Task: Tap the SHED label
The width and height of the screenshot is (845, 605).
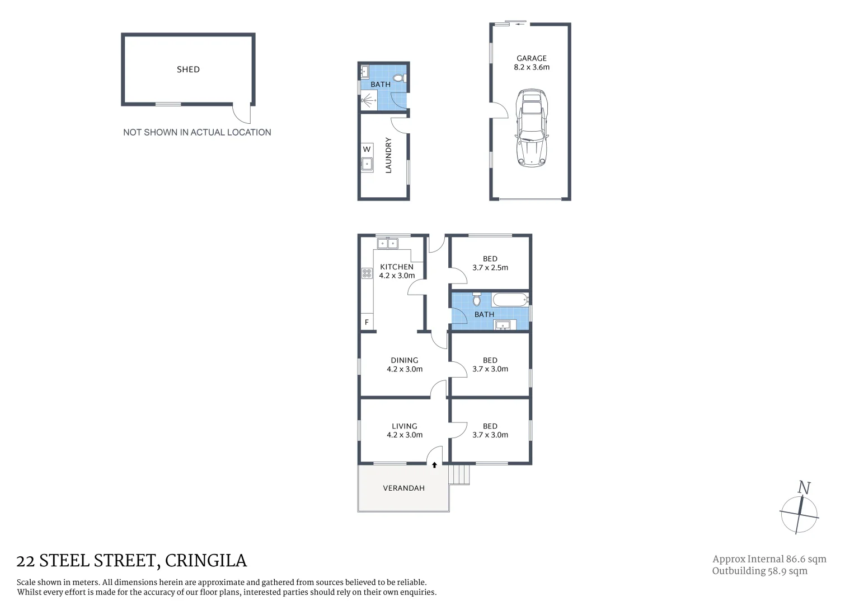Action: pos(188,69)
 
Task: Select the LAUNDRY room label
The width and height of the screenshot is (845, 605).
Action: pos(388,155)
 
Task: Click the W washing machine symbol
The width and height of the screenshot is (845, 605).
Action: pos(367,149)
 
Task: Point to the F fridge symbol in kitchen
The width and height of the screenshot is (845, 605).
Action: pos(367,322)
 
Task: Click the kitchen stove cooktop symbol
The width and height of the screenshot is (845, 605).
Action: pos(367,273)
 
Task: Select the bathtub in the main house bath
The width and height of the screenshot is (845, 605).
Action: pos(510,299)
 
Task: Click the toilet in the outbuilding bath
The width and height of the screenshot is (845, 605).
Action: pos(400,78)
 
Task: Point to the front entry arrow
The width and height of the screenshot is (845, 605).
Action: pos(434,464)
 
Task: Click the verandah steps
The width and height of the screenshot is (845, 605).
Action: pos(459,474)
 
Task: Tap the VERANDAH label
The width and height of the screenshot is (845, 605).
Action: pos(403,488)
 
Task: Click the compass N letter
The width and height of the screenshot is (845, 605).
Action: pos(804,488)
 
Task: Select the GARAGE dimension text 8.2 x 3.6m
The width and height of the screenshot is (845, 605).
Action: pos(532,67)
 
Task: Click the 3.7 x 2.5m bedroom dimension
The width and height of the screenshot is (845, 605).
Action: pos(490,268)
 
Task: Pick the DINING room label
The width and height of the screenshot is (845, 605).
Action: pos(404,360)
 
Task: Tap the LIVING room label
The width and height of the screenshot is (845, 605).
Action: pos(404,426)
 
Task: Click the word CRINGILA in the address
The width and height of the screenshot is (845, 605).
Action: pos(206,561)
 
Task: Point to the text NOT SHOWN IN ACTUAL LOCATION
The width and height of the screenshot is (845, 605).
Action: pos(197,132)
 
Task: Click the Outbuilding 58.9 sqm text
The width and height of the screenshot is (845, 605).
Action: pos(759,571)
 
